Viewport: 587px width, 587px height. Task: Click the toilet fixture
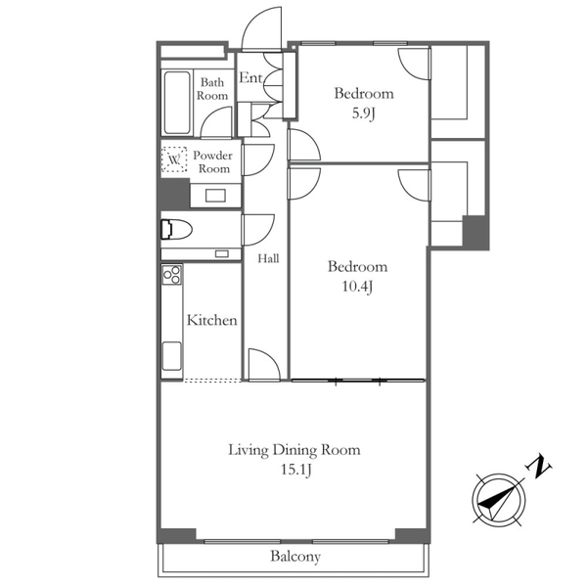click(176, 229)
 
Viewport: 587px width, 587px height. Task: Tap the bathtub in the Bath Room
click(177, 103)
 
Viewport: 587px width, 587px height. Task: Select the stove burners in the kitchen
click(172, 275)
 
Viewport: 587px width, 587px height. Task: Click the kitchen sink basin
click(172, 356)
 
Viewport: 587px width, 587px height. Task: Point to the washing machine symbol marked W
click(174, 159)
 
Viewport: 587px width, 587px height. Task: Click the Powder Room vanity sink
click(215, 196)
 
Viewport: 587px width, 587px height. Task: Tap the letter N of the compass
click(539, 467)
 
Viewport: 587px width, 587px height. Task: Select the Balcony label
click(295, 557)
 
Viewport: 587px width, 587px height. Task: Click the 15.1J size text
click(296, 470)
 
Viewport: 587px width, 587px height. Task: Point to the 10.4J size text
click(357, 287)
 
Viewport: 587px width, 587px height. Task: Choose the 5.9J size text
click(363, 113)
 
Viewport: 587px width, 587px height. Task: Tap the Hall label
click(268, 258)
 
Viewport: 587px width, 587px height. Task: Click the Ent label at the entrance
click(250, 78)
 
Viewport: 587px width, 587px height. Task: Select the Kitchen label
click(211, 320)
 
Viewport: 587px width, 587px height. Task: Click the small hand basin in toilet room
click(222, 253)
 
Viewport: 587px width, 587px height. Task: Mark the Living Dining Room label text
click(294, 450)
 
